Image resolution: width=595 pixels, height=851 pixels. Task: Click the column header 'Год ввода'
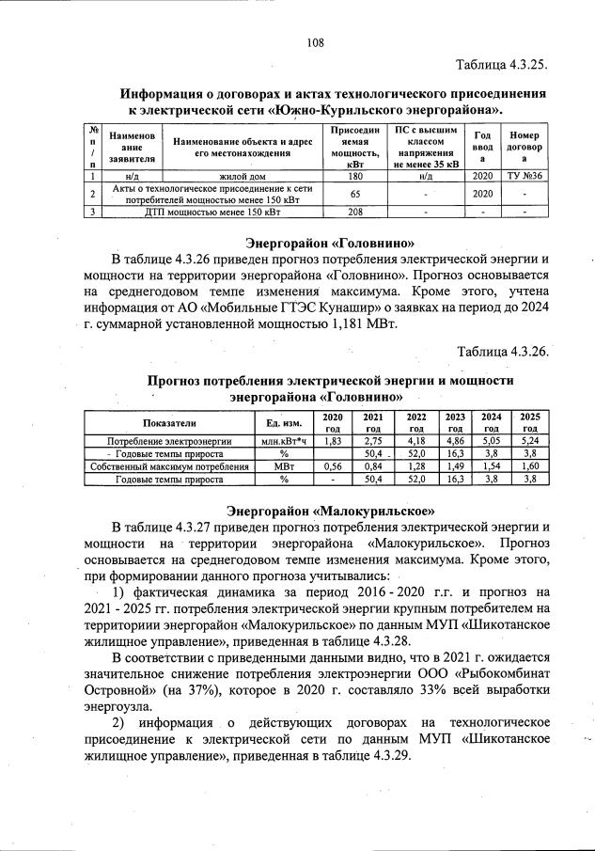[483, 148]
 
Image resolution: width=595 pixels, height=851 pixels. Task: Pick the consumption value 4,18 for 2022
[415, 440]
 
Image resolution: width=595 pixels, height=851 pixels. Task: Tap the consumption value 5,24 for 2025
[529, 440]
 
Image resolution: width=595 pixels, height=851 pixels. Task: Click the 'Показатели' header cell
[169, 422]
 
